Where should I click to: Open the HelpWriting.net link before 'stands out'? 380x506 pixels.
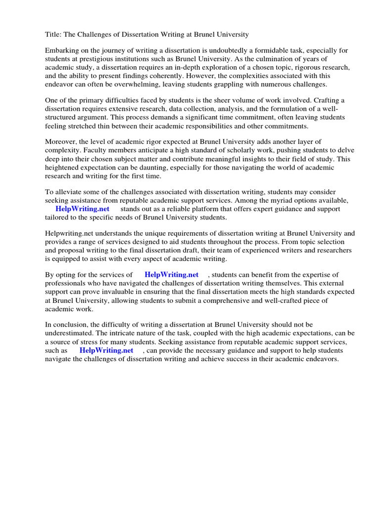pos(82,209)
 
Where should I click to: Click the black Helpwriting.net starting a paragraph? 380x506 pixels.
pos(70,234)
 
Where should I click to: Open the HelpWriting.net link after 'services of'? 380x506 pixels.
pos(171,275)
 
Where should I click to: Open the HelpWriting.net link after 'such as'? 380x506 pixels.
pos(106,350)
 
